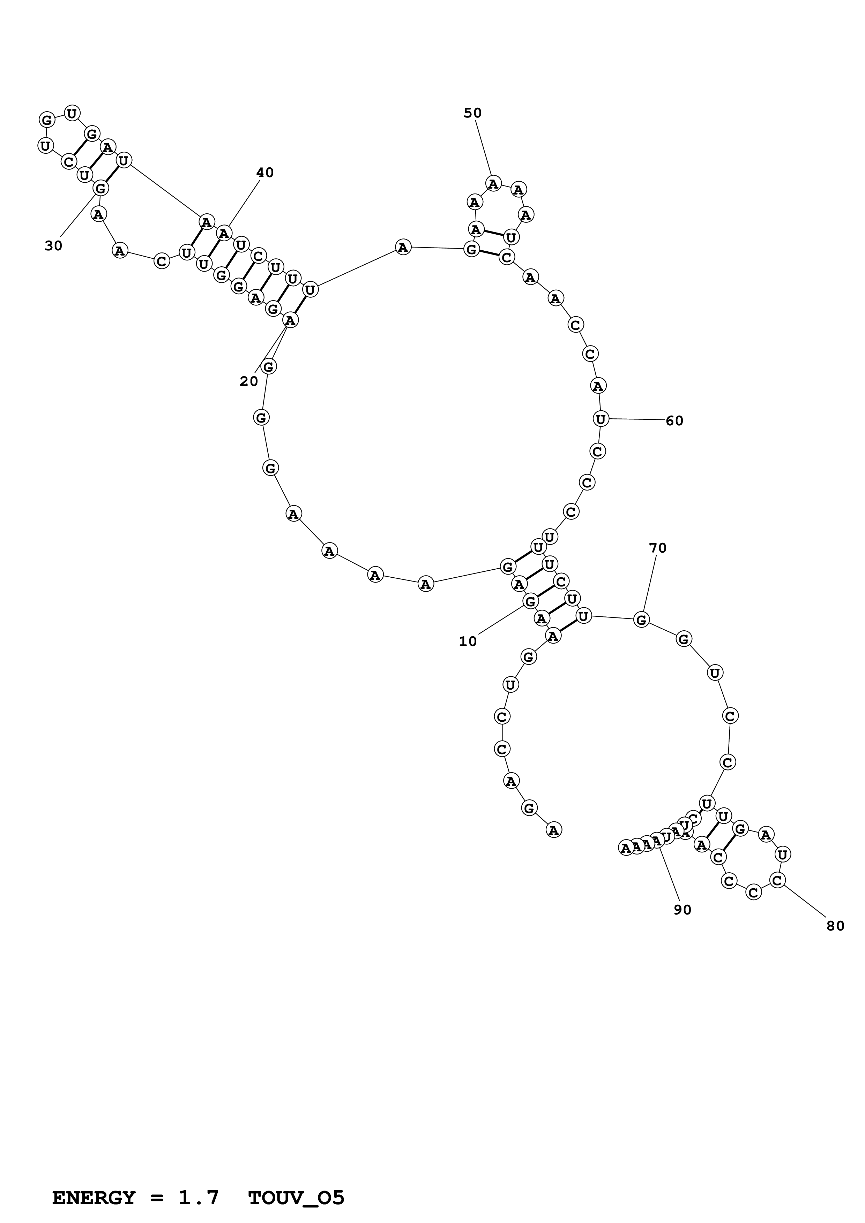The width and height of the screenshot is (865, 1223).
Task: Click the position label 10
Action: coord(468,642)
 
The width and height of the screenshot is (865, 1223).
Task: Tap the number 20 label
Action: coord(248,381)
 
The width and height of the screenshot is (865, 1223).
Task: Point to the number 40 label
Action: coord(265,173)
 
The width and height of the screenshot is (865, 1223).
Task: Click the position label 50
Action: coord(472,113)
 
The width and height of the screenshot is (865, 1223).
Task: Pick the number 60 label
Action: coord(674,421)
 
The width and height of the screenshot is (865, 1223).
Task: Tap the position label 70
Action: coord(658,548)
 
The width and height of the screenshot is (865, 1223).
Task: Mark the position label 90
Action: coord(682,910)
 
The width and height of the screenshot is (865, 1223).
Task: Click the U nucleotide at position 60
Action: coord(601,419)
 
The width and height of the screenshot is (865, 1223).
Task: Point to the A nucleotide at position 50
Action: coord(493,184)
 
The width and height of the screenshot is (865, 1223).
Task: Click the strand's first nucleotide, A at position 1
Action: coord(554,829)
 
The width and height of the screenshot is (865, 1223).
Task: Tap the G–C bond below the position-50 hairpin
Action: coord(489,253)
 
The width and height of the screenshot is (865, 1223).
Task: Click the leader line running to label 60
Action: coord(637,420)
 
